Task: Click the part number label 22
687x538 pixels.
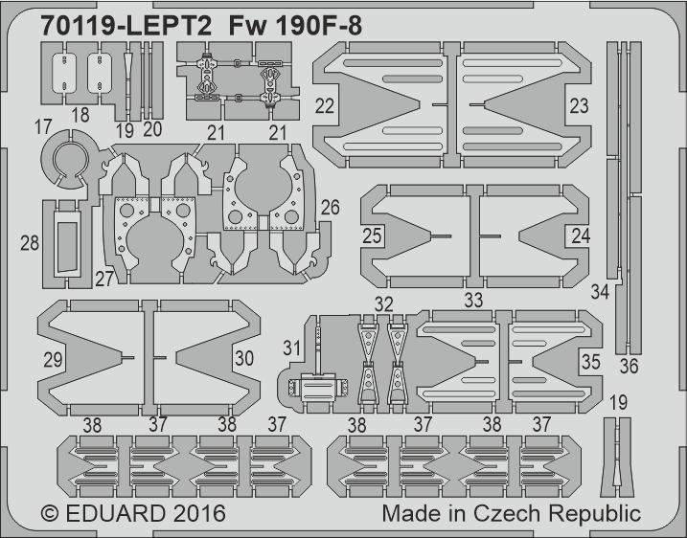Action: point(325,106)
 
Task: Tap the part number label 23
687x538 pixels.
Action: point(579,106)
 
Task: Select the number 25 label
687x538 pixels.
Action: point(372,235)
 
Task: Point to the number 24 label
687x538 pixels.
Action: point(581,235)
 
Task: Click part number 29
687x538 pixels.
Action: point(53,359)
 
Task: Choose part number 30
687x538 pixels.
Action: point(244,358)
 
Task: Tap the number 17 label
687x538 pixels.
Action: point(43,127)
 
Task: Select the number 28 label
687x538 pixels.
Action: point(30,243)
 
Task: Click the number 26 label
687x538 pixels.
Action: point(330,208)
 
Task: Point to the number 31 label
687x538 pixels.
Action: point(291,348)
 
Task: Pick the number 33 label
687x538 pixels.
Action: point(473,301)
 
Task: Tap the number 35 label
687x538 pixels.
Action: point(590,362)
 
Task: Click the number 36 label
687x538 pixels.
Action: point(629,367)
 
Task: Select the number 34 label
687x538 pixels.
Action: point(600,292)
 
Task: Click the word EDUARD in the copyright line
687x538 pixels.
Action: point(116,513)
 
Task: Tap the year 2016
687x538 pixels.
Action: point(199,513)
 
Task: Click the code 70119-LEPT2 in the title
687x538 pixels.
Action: point(126,26)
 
